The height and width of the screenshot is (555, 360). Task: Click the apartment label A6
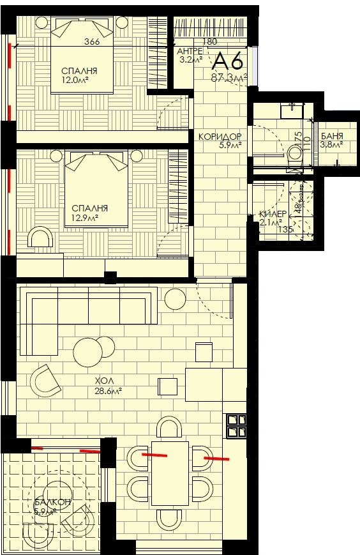[x=227, y=61]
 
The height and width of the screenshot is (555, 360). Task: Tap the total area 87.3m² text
[x=229, y=78]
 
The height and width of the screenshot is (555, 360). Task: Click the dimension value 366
[x=93, y=43]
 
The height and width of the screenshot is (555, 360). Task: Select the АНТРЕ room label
[x=190, y=51]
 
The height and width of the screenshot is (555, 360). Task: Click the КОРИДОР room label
[x=220, y=137]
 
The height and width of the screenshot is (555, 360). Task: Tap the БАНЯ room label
[x=332, y=135]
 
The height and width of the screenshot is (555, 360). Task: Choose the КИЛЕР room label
[x=272, y=215]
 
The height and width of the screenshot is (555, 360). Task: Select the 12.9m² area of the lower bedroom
[x=89, y=218]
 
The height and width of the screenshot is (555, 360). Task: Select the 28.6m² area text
[x=108, y=392]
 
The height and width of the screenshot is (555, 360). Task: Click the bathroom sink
[x=293, y=109]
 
